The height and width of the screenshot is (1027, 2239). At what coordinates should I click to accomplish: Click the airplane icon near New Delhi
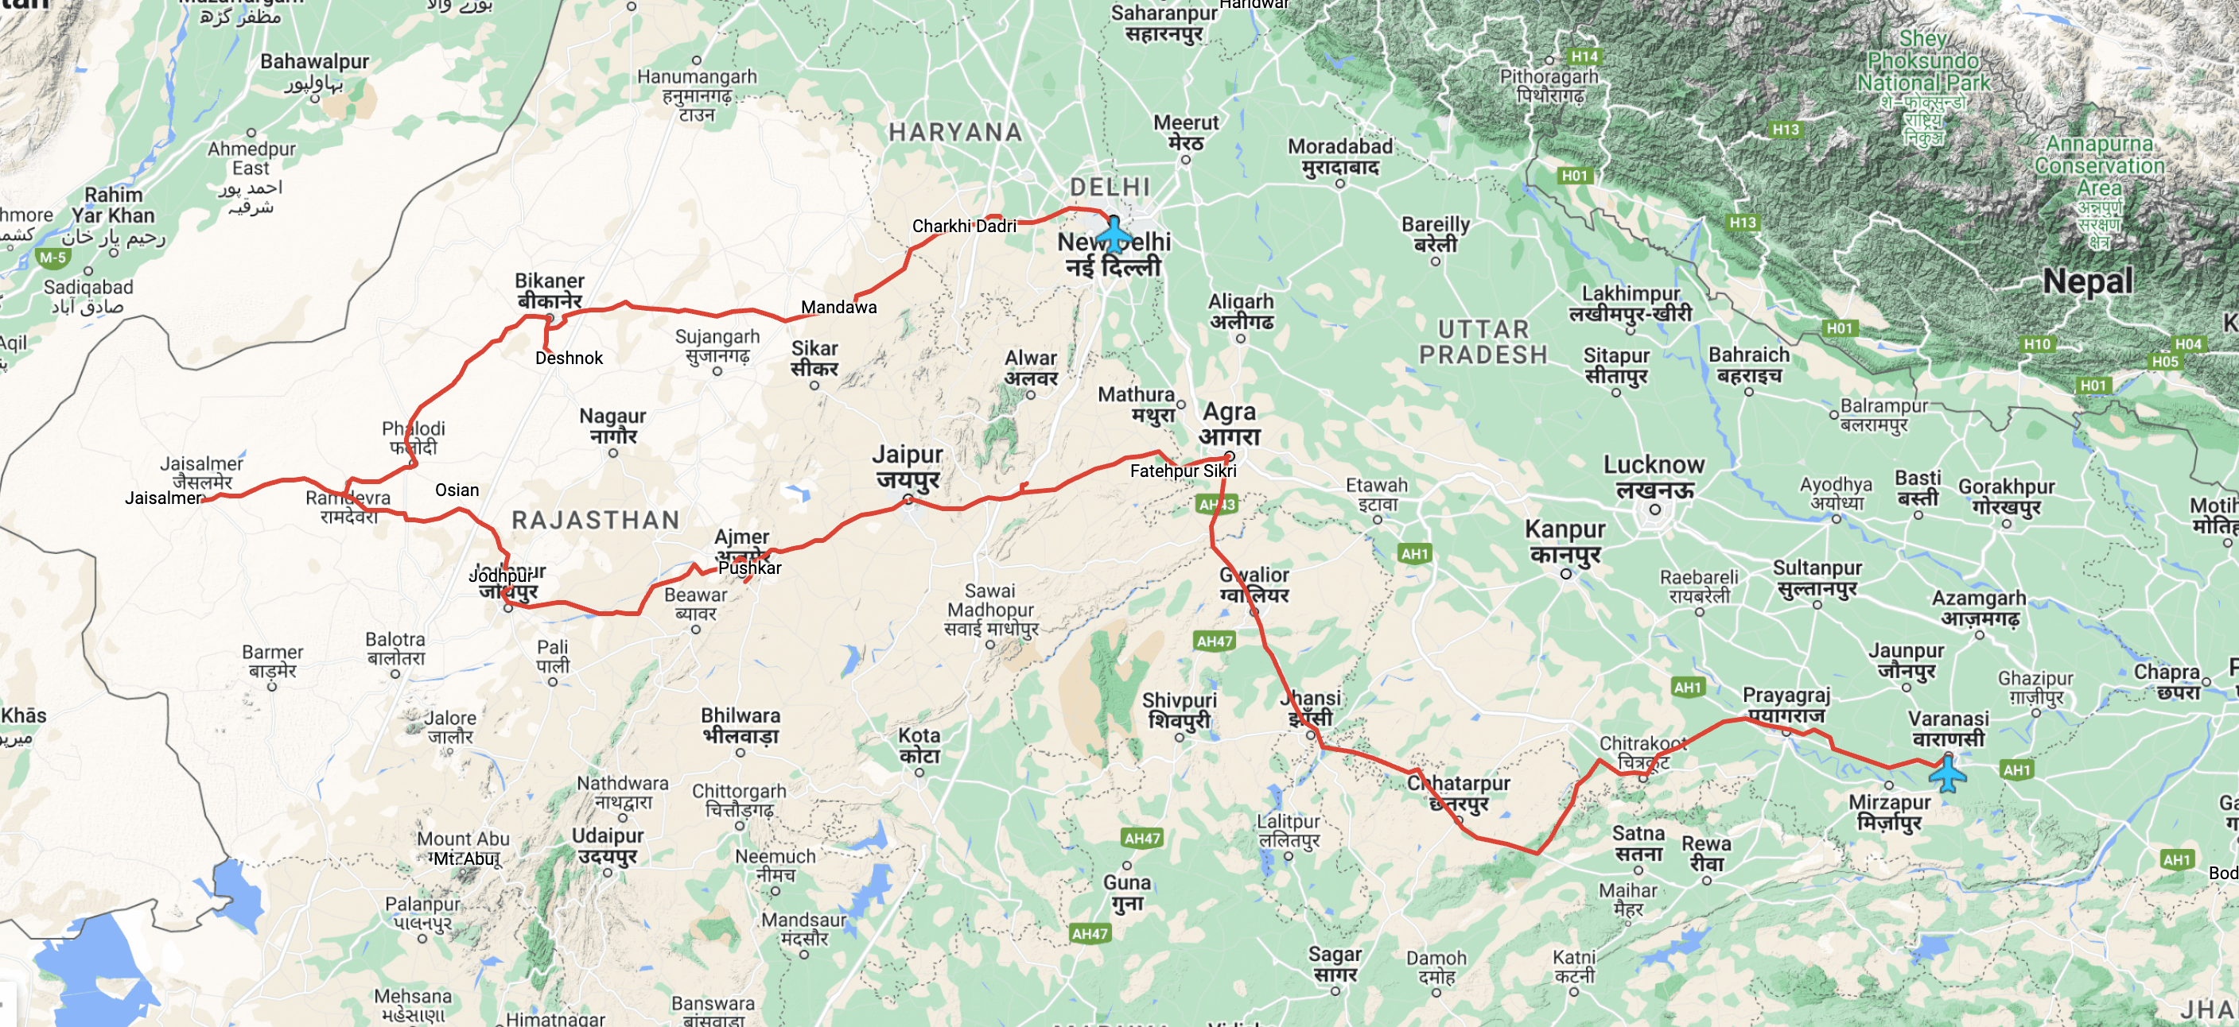pos(1113,234)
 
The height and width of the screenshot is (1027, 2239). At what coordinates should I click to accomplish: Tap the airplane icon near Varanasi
pos(1947,773)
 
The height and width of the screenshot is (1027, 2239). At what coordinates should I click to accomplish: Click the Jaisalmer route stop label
pos(162,498)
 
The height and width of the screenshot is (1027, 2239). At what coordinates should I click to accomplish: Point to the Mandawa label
pos(839,307)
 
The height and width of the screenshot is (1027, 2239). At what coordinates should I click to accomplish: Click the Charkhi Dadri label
pos(964,226)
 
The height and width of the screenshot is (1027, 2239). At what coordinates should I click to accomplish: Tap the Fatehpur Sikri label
pos(1183,471)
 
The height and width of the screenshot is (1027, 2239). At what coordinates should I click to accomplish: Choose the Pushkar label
pos(749,568)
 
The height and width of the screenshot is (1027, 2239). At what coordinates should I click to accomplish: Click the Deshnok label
pos(569,358)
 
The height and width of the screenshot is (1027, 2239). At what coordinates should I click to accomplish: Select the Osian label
pos(457,490)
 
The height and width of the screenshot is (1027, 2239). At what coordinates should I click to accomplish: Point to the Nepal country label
pos(2088,281)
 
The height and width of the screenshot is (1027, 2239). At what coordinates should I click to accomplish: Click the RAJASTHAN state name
pos(596,520)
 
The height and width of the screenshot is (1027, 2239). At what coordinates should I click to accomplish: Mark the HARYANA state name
pos(955,132)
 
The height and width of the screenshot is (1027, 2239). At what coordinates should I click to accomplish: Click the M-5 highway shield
pos(53,258)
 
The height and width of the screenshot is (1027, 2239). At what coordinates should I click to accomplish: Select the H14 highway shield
pos(1584,56)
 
